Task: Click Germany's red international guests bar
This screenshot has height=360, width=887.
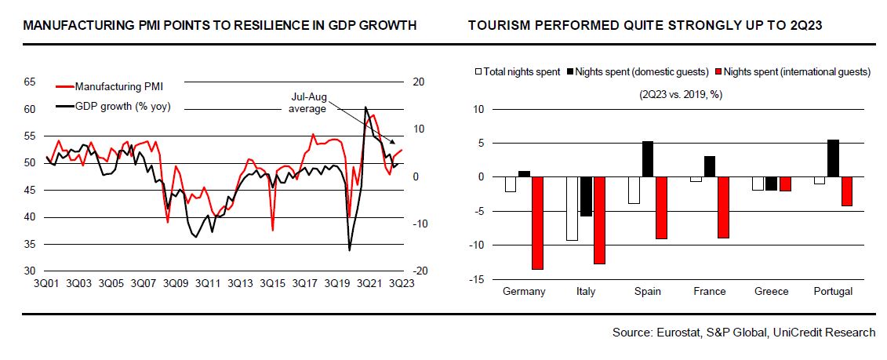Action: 537,223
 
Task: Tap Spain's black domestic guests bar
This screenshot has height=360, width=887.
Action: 647,159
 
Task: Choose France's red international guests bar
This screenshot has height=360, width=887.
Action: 722,207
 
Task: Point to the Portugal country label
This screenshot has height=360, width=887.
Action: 833,292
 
